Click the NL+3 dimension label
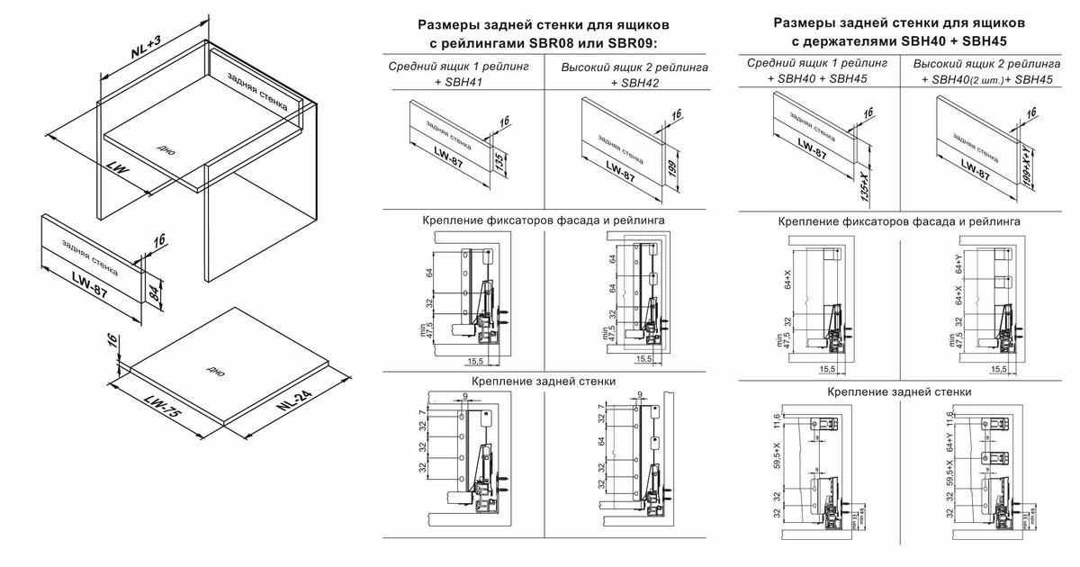[x=146, y=45]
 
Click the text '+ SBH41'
[x=459, y=82]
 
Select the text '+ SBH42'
[x=635, y=83]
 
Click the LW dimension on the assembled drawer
[x=118, y=167]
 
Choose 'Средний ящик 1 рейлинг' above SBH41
[x=459, y=67]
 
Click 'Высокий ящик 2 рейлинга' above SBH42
[x=635, y=67]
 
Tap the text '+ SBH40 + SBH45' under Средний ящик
[x=817, y=79]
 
